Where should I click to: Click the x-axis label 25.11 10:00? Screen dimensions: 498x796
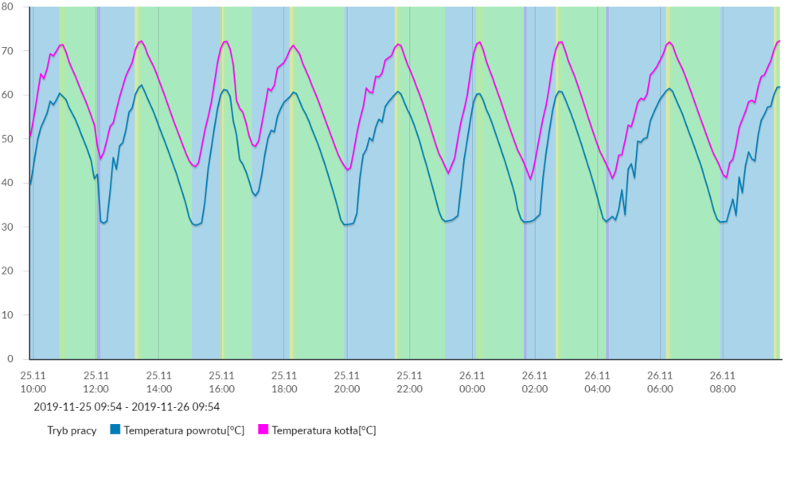[33, 382]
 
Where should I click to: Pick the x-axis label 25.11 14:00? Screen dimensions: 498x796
[158, 382]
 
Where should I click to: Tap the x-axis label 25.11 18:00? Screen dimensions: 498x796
[284, 382]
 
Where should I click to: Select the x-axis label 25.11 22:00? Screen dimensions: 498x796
[409, 382]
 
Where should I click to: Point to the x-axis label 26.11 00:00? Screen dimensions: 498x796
[472, 382]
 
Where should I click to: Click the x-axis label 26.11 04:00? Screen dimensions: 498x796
[597, 382]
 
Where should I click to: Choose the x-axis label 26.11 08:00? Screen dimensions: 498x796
[722, 382]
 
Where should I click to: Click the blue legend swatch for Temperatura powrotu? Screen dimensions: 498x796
[115, 430]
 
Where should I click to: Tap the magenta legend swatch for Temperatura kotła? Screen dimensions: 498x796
[263, 430]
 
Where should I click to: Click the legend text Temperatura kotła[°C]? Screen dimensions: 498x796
[323, 430]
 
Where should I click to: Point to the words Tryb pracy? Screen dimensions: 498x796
[72, 430]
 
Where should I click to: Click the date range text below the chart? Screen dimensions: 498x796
[127, 407]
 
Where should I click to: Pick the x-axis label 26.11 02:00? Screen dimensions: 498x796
[534, 382]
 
